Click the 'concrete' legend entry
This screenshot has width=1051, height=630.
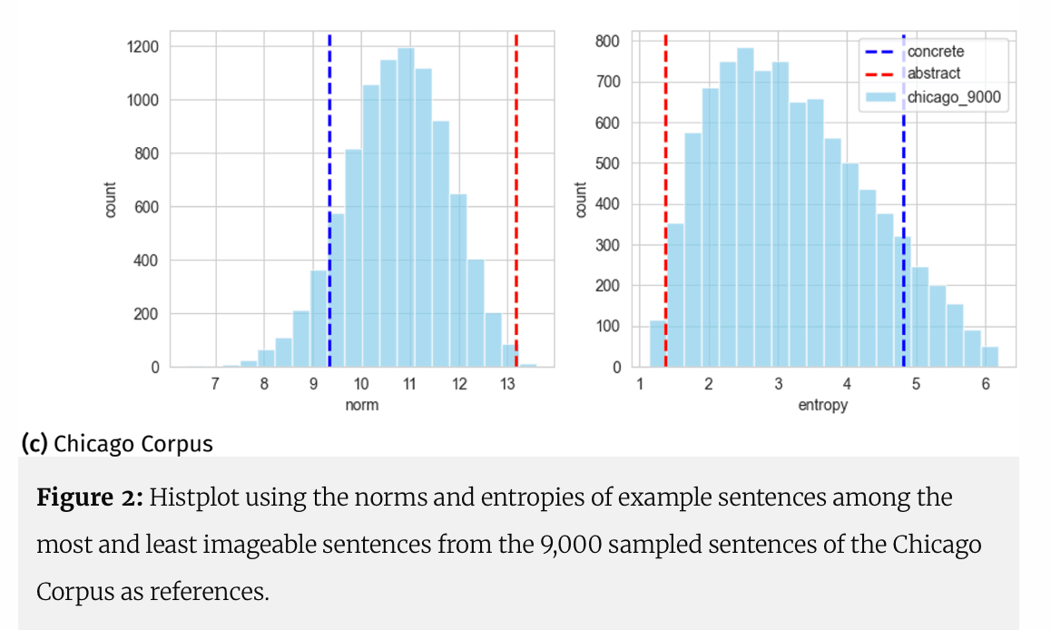pos(935,52)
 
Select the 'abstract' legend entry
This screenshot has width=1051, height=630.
pos(933,74)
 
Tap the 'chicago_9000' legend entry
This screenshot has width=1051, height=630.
pos(953,96)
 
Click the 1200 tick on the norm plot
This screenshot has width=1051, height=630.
pos(142,46)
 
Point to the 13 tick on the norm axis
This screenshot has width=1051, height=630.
pos(507,384)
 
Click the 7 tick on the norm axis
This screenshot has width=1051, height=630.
pos(215,384)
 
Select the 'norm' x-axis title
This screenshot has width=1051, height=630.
pos(362,405)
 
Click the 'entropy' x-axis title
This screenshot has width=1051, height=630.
pos(822,405)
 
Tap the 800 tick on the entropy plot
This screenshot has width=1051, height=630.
pos(608,41)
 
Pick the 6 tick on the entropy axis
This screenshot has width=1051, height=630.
pos(986,384)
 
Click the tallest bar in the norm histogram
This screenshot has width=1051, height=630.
pos(406,209)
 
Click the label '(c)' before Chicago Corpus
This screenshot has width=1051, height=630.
pos(34,444)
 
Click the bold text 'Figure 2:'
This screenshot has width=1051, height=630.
pos(89,497)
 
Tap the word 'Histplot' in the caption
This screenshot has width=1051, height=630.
pos(187,497)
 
